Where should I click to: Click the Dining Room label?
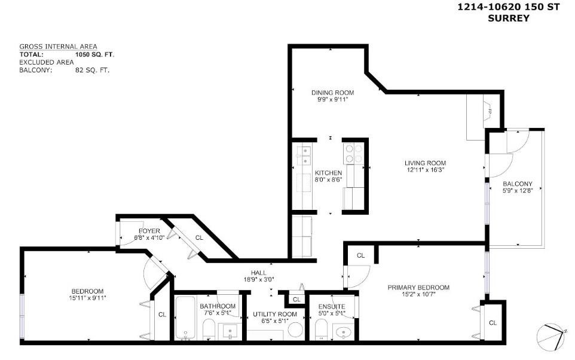click(x=333, y=93)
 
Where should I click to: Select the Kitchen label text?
click(x=328, y=173)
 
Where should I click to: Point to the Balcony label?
click(x=518, y=184)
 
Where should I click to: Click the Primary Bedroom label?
click(x=418, y=288)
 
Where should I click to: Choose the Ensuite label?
click(x=331, y=306)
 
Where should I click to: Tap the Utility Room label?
click(x=275, y=314)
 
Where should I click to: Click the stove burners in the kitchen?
click(x=350, y=154)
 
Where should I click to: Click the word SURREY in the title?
click(x=509, y=18)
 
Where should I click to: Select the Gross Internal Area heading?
click(x=58, y=47)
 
